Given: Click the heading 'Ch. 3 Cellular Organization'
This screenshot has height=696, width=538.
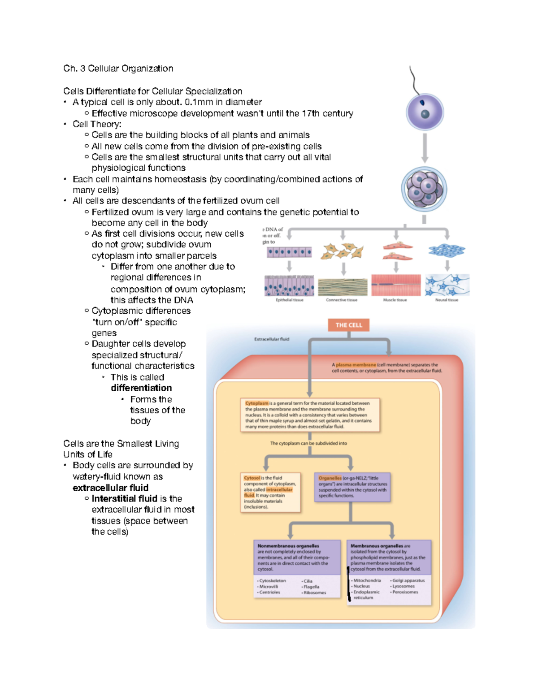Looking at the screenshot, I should (118, 69).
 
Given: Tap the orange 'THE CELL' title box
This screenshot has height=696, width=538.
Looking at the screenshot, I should (348, 325).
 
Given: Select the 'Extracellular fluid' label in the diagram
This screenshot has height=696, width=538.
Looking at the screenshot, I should (272, 339).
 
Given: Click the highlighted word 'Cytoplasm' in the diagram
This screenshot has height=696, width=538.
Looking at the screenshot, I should (256, 403).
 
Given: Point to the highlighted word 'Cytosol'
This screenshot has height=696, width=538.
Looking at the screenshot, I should (252, 478).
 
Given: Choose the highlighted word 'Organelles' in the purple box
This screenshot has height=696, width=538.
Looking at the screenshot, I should (330, 478).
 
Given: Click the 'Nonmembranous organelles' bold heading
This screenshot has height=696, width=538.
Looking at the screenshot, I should (288, 546).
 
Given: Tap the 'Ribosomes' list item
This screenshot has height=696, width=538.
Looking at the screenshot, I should (315, 592).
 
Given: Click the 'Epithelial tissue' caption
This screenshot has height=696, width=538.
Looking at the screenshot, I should (289, 300).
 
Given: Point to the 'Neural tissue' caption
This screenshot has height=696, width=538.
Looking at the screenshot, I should (447, 300).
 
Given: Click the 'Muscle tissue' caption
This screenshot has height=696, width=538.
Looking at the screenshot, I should (395, 300).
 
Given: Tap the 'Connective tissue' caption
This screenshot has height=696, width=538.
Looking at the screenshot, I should (342, 300).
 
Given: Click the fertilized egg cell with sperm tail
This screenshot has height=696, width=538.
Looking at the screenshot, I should (425, 112).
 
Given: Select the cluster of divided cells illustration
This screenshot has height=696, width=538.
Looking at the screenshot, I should (424, 188).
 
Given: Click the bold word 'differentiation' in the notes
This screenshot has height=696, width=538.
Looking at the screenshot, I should (141, 388).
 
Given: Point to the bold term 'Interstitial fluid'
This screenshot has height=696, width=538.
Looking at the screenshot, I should (124, 498).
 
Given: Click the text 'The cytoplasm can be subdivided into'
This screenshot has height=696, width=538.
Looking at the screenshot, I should (308, 443).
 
